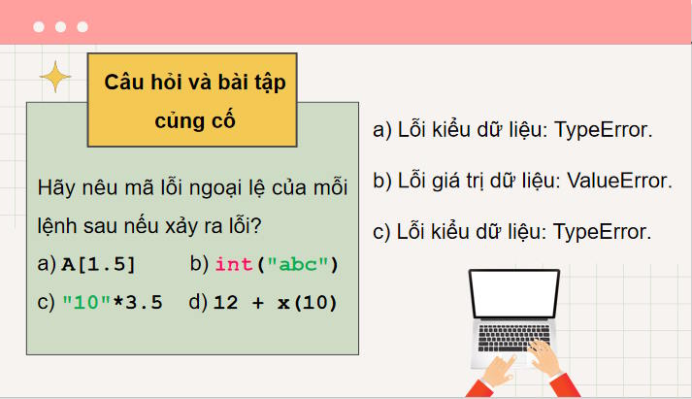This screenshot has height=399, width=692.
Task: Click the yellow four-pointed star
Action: click(x=55, y=77)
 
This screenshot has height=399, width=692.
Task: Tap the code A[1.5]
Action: click(x=98, y=264)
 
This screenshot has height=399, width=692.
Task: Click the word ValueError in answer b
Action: click(x=618, y=181)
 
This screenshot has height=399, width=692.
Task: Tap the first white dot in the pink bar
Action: click(x=38, y=27)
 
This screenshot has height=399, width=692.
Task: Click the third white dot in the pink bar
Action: click(x=82, y=27)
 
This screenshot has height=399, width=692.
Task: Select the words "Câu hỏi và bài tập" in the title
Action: click(x=195, y=83)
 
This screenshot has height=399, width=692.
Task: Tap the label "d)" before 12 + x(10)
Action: click(x=199, y=302)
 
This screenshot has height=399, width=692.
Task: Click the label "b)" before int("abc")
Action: click(x=199, y=264)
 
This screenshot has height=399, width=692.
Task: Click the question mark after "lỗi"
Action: click(x=257, y=226)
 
